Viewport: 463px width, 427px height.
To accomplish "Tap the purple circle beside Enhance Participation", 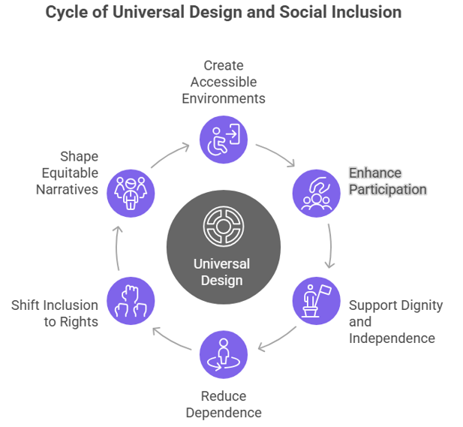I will point(315,193).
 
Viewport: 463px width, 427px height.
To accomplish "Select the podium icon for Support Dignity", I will point(315,300).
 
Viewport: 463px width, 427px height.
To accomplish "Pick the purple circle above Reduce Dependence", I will point(223,354).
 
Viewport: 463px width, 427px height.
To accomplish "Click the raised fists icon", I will point(131,300).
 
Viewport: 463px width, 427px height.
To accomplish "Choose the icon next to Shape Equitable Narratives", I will point(131,193).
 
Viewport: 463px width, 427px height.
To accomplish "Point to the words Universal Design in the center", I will point(223,272).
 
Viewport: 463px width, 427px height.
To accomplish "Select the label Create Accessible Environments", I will point(223,82).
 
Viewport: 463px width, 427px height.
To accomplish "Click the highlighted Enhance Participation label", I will point(386,181).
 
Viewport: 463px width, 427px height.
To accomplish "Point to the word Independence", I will point(392,338).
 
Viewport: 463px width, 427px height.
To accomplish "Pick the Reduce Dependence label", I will point(223,404).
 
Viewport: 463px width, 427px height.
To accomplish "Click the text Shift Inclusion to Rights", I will point(55,313).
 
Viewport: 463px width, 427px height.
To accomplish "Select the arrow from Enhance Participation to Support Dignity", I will point(329,246).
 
